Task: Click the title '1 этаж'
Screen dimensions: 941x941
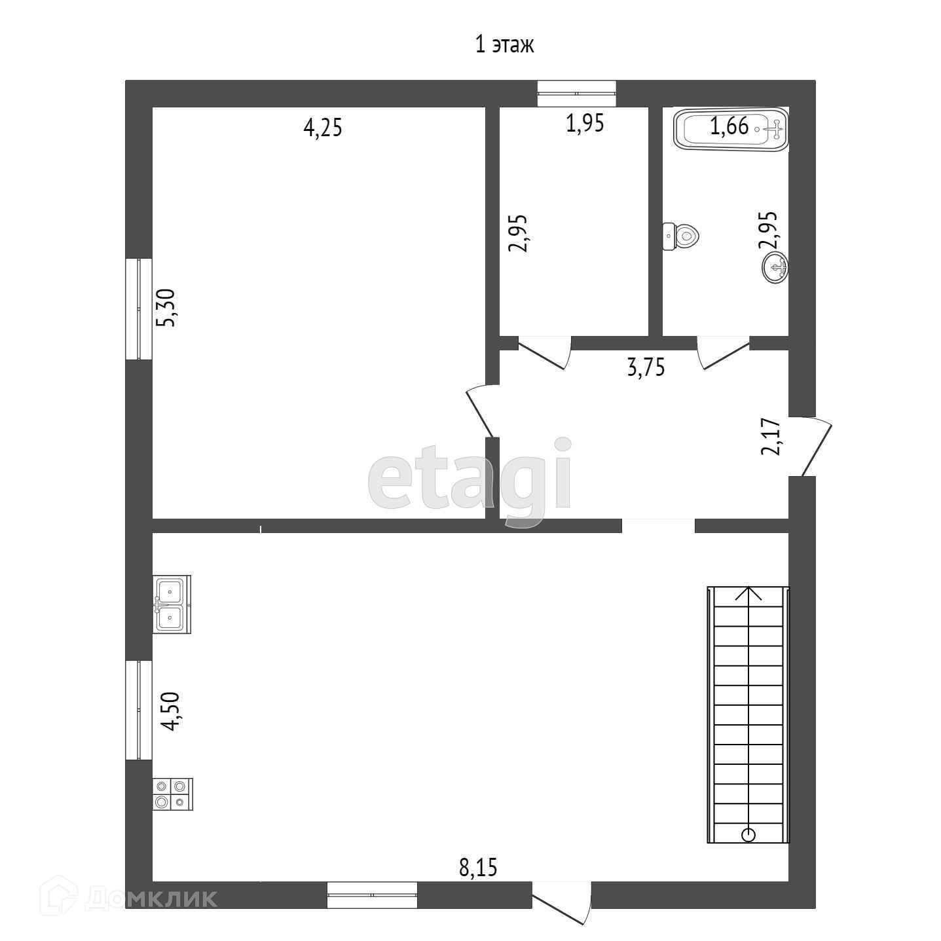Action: (504, 45)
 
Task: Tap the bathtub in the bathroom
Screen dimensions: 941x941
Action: (731, 130)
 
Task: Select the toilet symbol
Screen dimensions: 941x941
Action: (680, 236)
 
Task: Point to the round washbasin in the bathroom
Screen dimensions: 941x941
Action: (775, 268)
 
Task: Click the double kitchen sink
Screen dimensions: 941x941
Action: (172, 604)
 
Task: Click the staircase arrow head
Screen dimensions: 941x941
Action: (748, 594)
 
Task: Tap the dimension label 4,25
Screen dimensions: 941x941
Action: (323, 128)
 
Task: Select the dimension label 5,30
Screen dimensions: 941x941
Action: (165, 308)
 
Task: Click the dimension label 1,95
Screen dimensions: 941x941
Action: (585, 123)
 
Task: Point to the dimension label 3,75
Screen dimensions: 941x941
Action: (646, 367)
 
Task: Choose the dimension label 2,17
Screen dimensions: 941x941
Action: (771, 437)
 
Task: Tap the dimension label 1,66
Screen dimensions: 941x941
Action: (729, 126)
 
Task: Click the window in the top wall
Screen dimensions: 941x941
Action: (576, 93)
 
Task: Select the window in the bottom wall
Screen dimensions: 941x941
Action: (372, 895)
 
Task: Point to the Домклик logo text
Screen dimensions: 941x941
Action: (151, 898)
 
